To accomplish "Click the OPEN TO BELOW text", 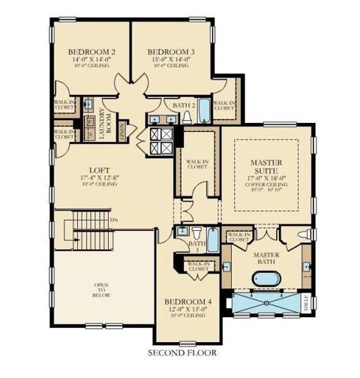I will tap(101, 290).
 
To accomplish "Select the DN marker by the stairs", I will tap(113, 220).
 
